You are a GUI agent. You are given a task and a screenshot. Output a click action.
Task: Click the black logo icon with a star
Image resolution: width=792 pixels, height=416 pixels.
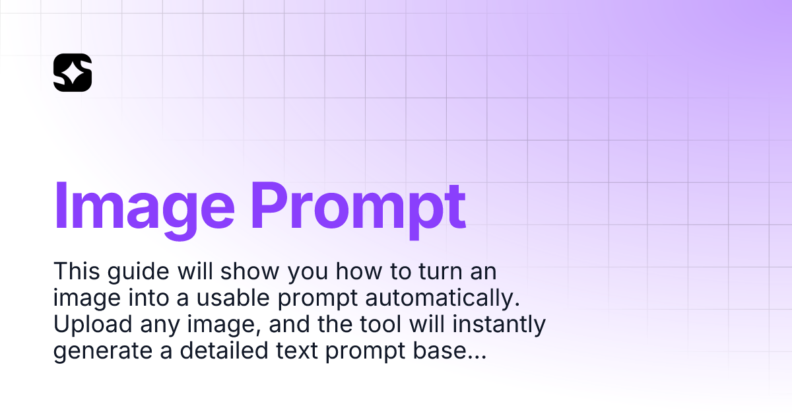point(73,72)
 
